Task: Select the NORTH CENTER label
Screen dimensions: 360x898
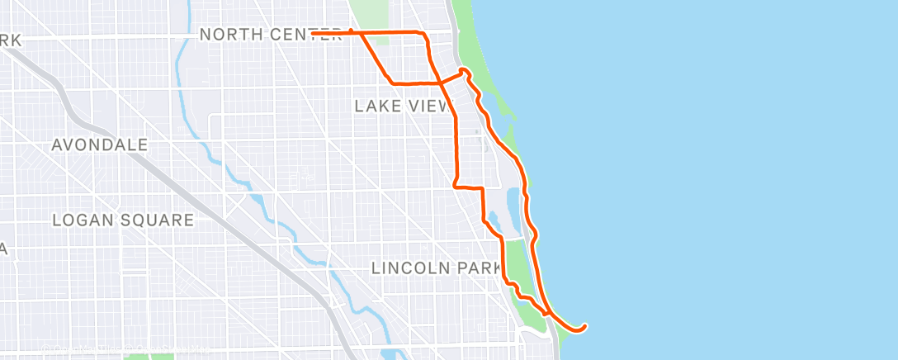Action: [x=271, y=35]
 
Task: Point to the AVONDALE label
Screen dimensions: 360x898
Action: [x=100, y=145]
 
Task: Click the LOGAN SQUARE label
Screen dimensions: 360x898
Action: [x=123, y=220]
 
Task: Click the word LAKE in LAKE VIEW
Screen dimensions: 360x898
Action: [x=376, y=106]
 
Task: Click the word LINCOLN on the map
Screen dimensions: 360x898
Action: [x=410, y=268]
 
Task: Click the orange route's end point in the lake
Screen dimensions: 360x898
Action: [x=584, y=326]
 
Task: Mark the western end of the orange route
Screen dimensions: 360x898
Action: [x=313, y=32]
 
